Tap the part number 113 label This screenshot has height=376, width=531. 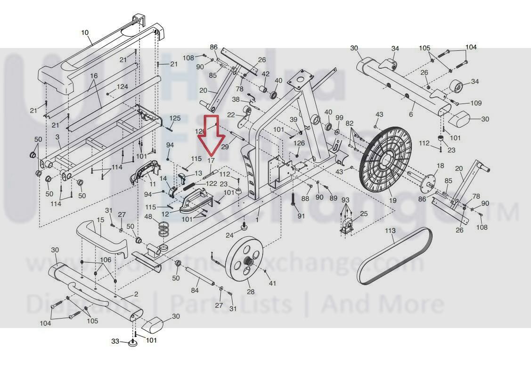391,231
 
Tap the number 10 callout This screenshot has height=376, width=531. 85,33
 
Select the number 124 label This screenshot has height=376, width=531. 122,87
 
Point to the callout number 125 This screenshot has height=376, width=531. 175,118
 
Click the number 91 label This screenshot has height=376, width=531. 301,216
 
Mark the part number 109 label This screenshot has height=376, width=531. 476,103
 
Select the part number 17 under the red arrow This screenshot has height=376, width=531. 211,161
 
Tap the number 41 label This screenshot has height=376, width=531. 272,283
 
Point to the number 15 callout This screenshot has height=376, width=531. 100,220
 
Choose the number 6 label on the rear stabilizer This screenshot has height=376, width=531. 411,114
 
